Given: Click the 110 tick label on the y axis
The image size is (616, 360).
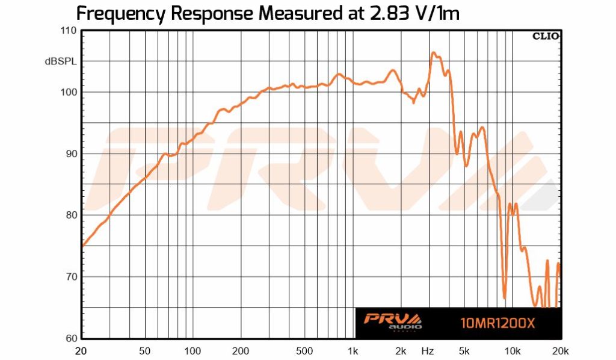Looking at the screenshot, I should [x=67, y=31].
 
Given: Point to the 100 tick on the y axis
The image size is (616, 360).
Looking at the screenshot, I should [x=67, y=92].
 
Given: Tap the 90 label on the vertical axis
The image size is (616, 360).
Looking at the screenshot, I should [x=70, y=154].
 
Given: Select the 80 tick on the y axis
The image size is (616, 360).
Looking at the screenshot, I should [x=70, y=215].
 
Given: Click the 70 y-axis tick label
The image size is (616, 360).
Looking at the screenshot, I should [x=70, y=277].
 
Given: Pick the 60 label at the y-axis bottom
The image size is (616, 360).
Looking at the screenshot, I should [x=70, y=338].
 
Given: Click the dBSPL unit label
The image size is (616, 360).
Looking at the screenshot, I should [x=60, y=61].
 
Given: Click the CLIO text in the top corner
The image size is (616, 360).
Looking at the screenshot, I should [x=546, y=36].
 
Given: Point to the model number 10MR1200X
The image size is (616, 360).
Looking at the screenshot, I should [x=497, y=323].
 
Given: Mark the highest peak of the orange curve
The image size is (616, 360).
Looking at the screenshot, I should [x=433, y=52].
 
